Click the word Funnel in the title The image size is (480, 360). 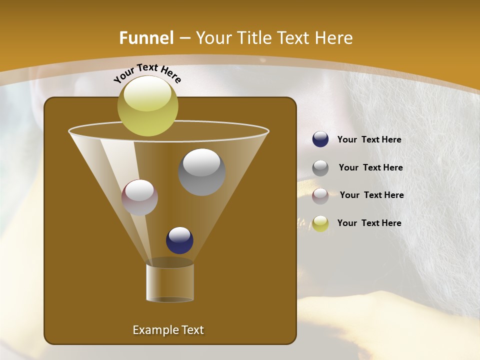(x=146, y=38)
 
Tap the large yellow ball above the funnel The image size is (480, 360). (x=147, y=105)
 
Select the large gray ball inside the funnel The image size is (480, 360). (x=201, y=171)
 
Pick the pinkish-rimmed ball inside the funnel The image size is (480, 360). (x=139, y=197)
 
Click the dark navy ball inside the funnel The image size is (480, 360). (x=179, y=240)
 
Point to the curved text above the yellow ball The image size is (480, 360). (x=147, y=73)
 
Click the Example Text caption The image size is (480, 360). (x=168, y=330)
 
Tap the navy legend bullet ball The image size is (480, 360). (x=320, y=139)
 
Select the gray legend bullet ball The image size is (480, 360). (x=320, y=168)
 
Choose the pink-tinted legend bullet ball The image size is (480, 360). (x=320, y=196)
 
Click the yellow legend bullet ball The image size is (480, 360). (x=320, y=223)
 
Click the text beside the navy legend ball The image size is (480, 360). (x=369, y=140)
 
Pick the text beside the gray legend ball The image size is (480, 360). (x=370, y=168)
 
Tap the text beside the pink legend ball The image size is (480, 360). (x=371, y=195)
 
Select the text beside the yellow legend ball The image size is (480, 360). (x=369, y=223)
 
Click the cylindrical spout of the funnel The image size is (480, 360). (x=170, y=282)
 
